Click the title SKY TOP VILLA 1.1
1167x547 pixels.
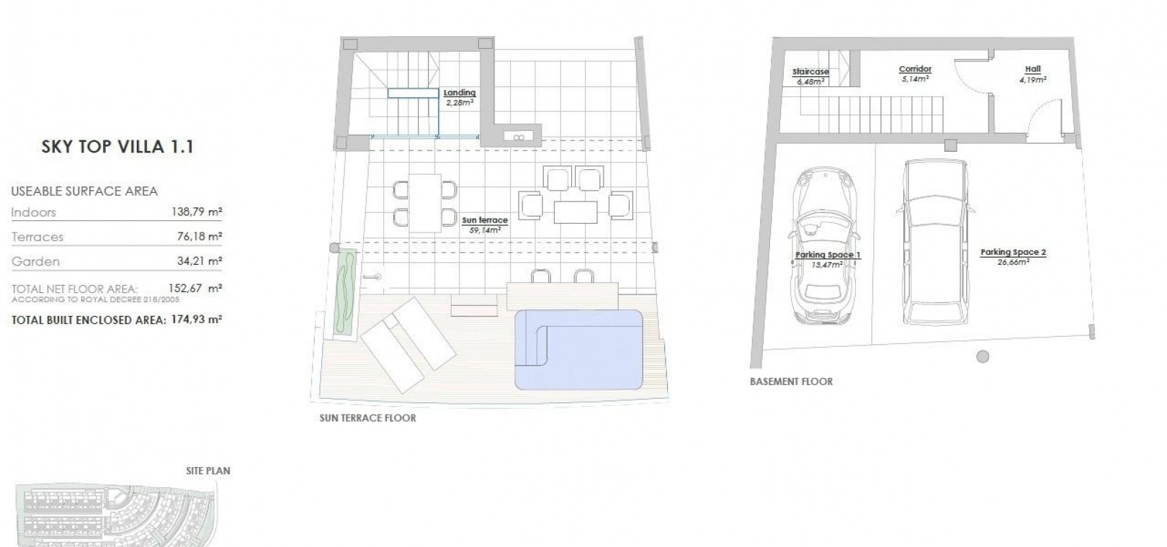pyautogui.click(x=117, y=147)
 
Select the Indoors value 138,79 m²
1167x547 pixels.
pyautogui.click(x=197, y=212)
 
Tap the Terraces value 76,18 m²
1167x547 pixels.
pyautogui.click(x=200, y=236)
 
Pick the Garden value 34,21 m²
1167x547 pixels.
pyautogui.click(x=200, y=261)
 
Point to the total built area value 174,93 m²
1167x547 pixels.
pyautogui.click(x=197, y=319)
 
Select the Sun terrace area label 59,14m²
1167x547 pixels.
pyautogui.click(x=485, y=230)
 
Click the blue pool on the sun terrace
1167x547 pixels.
pyautogui.click(x=578, y=350)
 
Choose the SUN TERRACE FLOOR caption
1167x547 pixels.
pyautogui.click(x=368, y=418)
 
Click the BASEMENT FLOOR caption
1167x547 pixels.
pyautogui.click(x=792, y=381)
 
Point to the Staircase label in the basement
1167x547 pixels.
pyautogui.click(x=810, y=72)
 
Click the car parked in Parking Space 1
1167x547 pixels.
pyautogui.click(x=826, y=245)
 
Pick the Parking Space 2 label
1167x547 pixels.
pyautogui.click(x=1014, y=252)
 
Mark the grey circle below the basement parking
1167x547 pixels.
pyautogui.click(x=983, y=356)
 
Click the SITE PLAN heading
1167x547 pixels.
pyautogui.click(x=208, y=471)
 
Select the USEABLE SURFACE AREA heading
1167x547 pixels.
pyautogui.click(x=84, y=191)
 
